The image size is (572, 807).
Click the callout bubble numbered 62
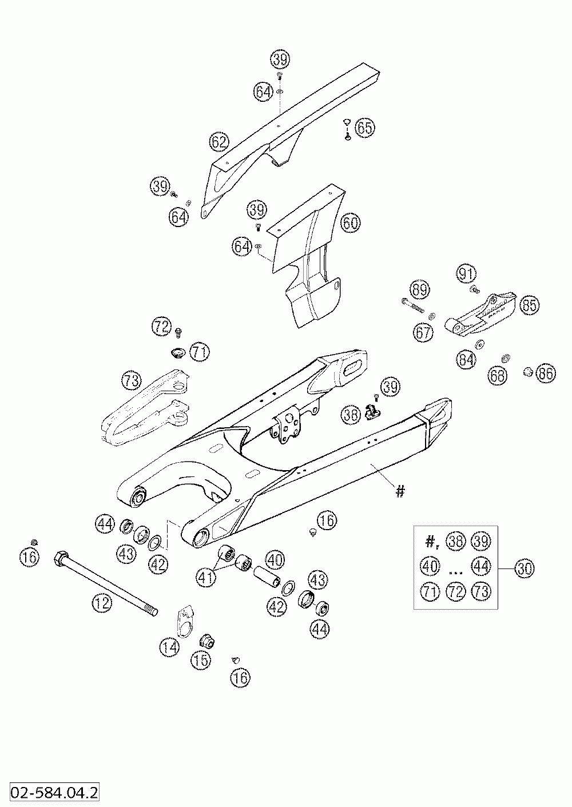219,142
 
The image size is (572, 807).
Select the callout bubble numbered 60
351,223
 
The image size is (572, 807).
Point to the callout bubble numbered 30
525,569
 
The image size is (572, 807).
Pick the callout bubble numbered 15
201,661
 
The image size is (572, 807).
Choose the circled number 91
466,274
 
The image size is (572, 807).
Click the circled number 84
466,360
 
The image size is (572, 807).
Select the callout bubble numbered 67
424,333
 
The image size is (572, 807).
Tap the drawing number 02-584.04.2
50,793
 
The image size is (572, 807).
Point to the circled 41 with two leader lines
206,577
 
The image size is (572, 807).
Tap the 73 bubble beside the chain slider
131,379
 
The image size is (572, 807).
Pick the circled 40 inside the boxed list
430,566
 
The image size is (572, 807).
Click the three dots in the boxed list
455,569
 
